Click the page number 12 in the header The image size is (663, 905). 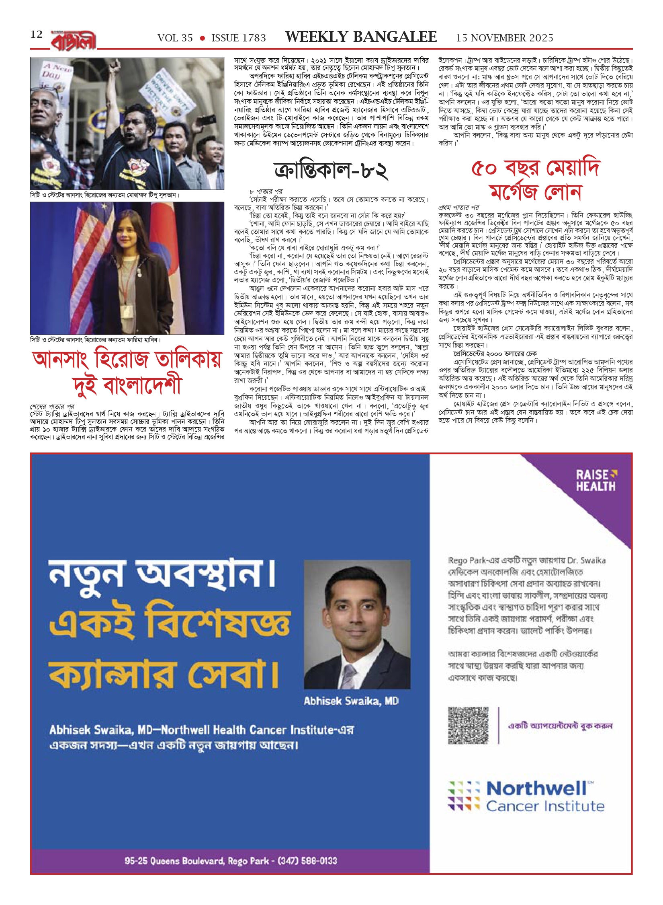(37, 35)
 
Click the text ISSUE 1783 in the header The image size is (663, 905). (239, 38)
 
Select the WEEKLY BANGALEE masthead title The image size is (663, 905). (361, 37)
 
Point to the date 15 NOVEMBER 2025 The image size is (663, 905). (504, 38)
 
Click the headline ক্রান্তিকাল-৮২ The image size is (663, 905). (331, 171)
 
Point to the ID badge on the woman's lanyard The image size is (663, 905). (127, 310)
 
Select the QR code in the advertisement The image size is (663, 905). (468, 725)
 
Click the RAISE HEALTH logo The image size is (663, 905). (596, 480)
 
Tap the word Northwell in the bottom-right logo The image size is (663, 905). (536, 789)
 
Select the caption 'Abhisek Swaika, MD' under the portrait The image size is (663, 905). (351, 701)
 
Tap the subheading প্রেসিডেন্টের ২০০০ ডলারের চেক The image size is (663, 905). (495, 354)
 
